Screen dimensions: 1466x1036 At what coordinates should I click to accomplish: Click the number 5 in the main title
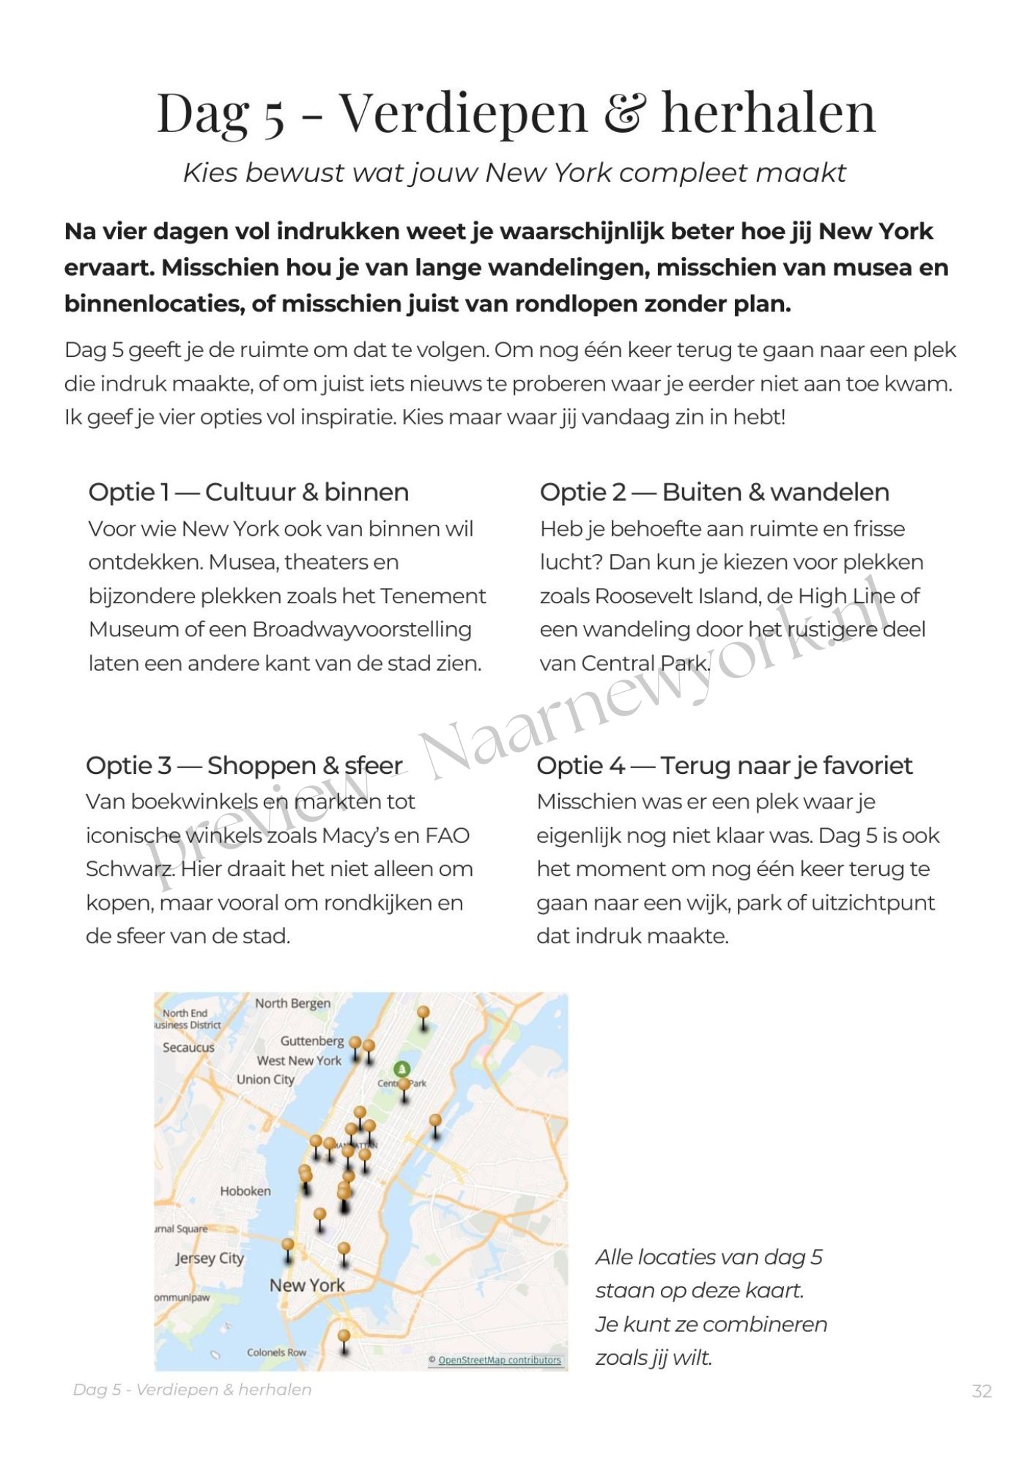point(274,116)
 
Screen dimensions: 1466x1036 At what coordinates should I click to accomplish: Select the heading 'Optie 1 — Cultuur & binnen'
point(248,492)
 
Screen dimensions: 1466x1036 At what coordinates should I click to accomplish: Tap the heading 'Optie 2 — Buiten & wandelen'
point(714,492)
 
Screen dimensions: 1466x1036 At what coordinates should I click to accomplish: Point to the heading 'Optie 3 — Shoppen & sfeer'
point(244,765)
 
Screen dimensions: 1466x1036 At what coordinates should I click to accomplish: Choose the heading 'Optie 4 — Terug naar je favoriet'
point(724,765)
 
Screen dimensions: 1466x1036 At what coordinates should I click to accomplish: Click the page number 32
point(981,1391)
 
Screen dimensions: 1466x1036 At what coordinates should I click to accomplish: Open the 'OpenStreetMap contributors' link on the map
point(499,1360)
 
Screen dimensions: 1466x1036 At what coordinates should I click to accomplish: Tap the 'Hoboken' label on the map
point(245,1191)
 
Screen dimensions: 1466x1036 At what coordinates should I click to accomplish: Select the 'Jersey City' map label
point(210,1259)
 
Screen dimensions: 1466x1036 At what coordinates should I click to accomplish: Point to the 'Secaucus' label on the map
point(188,1047)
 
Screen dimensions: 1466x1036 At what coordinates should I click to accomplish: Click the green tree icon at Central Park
point(402,1069)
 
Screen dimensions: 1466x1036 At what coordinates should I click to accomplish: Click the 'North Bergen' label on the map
point(292,1003)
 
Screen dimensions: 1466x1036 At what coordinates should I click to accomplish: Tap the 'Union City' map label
point(265,1080)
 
